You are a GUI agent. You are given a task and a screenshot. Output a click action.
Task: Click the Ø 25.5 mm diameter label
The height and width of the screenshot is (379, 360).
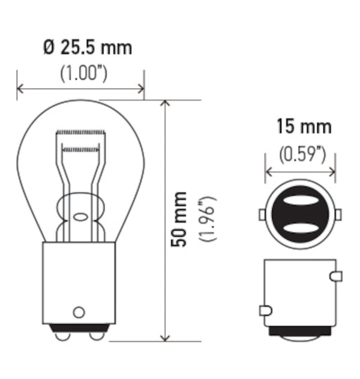pyautogui.click(x=88, y=47)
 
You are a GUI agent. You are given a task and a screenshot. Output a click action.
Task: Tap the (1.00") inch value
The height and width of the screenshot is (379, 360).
pyautogui.click(x=83, y=73)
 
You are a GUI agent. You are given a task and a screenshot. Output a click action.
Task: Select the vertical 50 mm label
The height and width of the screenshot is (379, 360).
pyautogui.click(x=179, y=219)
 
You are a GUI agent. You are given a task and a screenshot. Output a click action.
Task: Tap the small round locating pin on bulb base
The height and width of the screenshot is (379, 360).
pyautogui.click(x=78, y=312)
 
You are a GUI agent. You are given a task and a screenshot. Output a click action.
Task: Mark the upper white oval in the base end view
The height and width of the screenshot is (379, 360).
pyautogui.click(x=299, y=202)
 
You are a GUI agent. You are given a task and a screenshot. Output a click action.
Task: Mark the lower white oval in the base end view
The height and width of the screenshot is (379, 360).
pyautogui.click(x=299, y=228)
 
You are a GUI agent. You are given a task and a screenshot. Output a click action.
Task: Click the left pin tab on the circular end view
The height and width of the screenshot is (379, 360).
pyautogui.click(x=262, y=215)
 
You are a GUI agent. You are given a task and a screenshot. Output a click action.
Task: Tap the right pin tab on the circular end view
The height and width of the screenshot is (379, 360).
pyautogui.click(x=338, y=215)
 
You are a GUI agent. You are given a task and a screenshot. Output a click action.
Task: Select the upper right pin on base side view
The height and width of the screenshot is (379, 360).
pyautogui.click(x=336, y=276)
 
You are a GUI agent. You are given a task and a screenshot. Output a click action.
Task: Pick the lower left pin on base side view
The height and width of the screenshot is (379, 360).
pyautogui.click(x=265, y=310)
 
